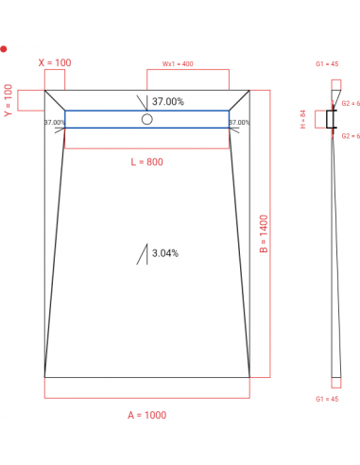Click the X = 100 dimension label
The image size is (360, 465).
[x=54, y=63]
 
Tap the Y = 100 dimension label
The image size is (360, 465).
[x=9, y=101]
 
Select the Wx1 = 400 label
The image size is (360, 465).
[x=177, y=63]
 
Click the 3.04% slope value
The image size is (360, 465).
[x=165, y=253]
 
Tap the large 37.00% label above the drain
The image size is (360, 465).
[x=167, y=101]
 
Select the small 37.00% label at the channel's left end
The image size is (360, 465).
[x=54, y=123]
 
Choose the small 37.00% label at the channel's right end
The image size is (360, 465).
[x=239, y=123]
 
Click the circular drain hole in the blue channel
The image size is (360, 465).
[x=146, y=119]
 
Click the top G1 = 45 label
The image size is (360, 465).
[x=327, y=63]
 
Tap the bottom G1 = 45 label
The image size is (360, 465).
[x=327, y=400]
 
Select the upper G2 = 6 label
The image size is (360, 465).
[x=351, y=103]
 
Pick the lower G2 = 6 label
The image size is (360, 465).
[x=351, y=136]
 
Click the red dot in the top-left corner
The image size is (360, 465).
[x=4, y=47]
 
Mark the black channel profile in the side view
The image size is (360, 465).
[x=331, y=119]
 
